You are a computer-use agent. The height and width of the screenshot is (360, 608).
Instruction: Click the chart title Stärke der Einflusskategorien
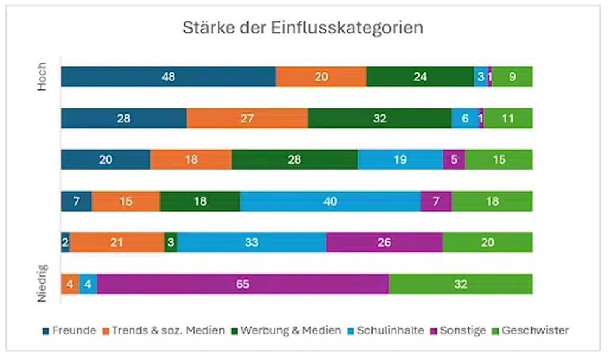[303, 29]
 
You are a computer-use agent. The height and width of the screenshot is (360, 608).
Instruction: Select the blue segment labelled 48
[168, 77]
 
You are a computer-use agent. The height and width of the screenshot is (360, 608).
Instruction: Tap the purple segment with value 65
[243, 284]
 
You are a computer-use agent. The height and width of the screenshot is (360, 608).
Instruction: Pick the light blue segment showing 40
[330, 201]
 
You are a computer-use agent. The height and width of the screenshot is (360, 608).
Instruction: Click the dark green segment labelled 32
[379, 119]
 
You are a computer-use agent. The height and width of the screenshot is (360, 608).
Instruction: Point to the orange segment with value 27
[247, 119]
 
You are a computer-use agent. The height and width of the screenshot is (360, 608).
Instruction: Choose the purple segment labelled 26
[384, 243]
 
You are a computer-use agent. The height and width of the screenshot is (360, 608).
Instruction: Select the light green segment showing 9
[513, 77]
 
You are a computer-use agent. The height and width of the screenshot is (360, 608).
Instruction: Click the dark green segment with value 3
[171, 243]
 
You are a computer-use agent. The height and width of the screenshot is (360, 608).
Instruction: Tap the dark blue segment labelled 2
[65, 243]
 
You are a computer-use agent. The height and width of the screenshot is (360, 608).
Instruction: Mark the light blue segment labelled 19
[400, 160]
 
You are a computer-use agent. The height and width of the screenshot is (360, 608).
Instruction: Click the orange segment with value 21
[117, 243]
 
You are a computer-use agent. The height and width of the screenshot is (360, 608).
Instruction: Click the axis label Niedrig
[41, 284]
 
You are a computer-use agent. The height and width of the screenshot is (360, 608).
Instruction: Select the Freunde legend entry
[69, 331]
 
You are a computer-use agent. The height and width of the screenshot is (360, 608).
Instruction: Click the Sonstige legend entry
[459, 331]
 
